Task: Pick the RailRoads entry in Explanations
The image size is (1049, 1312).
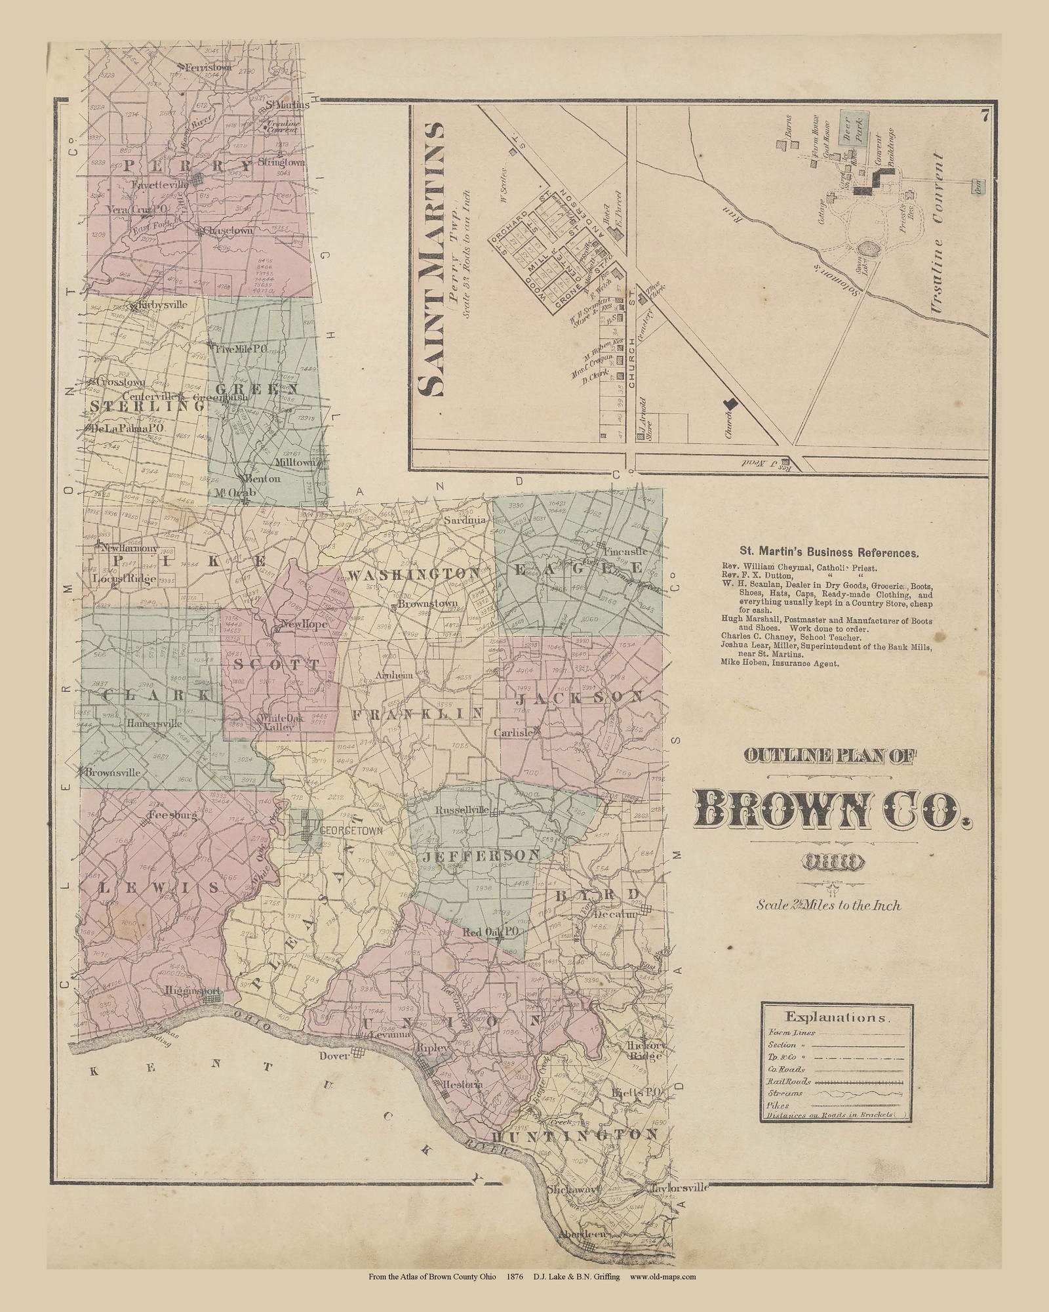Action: point(789,1081)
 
